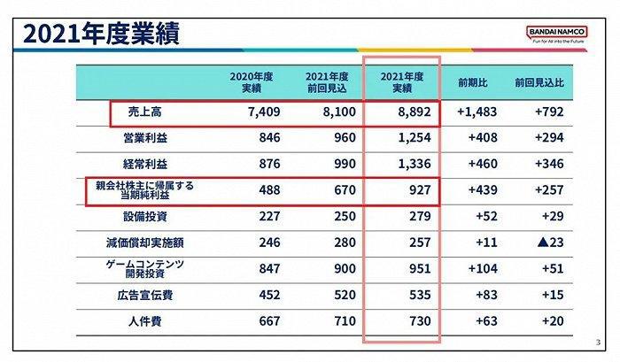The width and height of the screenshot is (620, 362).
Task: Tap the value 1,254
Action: click(x=411, y=139)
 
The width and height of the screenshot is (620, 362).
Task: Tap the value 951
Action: click(x=417, y=267)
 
